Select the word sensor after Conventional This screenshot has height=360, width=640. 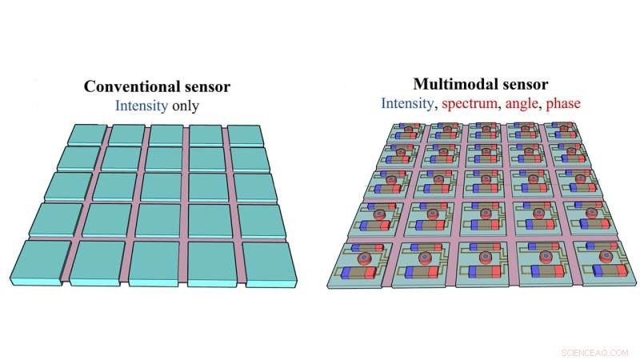point(207,86)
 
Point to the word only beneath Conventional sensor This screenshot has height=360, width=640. point(186,106)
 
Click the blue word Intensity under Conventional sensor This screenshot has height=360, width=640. point(142,106)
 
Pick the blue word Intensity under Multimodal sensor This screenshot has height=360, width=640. point(407,103)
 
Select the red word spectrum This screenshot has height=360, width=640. point(470,104)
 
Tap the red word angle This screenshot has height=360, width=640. point(522,104)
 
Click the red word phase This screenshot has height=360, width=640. point(563,104)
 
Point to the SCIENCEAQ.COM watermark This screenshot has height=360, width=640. point(594,353)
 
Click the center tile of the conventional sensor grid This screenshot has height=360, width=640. point(162,187)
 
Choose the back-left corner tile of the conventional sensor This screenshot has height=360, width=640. point(87,134)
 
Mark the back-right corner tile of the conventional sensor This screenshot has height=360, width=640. point(245,135)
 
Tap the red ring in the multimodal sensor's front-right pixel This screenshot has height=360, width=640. point(606,256)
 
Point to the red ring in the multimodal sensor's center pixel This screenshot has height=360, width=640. point(485,178)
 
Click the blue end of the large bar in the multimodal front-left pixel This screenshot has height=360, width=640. point(347,272)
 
